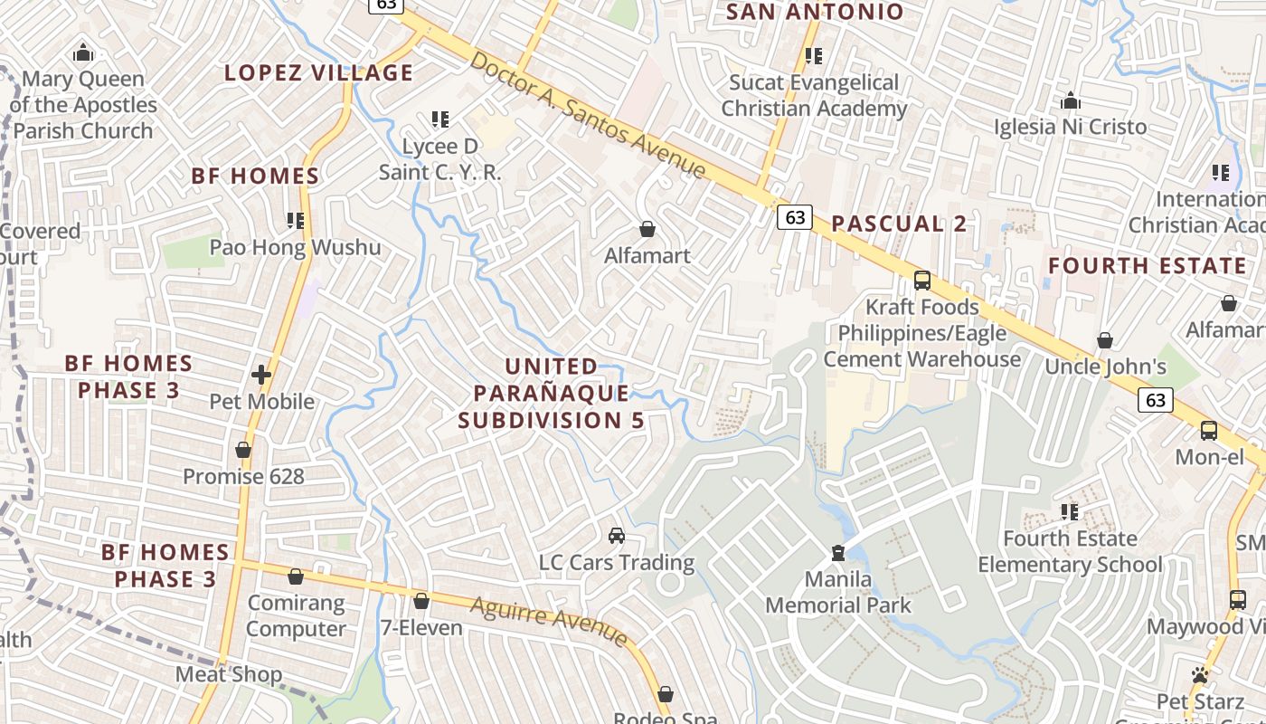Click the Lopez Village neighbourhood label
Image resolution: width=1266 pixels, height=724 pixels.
318,72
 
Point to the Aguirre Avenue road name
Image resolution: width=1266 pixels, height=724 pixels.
549,621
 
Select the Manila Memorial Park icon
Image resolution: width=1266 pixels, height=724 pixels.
838,552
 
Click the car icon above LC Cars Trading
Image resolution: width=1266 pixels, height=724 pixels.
617,535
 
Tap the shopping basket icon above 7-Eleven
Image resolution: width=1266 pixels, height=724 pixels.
420,600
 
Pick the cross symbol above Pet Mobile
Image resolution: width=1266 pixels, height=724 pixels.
261,374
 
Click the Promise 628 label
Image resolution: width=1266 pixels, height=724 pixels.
243,476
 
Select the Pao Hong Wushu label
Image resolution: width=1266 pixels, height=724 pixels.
295,247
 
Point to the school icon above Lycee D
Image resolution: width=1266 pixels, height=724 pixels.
440,119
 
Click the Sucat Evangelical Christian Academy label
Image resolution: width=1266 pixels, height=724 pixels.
814,96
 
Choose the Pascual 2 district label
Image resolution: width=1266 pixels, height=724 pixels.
899,224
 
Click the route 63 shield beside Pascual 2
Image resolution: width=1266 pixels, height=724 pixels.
795,217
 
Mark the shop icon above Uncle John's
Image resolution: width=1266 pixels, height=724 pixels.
1104,340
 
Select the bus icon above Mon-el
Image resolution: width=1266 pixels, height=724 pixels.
1209,430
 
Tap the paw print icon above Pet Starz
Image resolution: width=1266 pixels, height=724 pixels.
1200,674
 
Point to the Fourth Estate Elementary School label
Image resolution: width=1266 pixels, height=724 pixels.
1070,551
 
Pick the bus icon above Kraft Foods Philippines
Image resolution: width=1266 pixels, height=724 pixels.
922,280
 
